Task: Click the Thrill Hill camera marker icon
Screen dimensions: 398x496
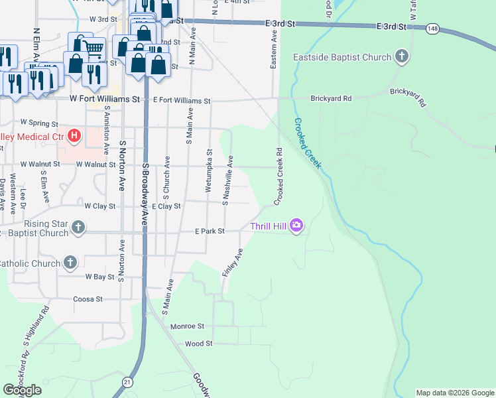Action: click(x=296, y=226)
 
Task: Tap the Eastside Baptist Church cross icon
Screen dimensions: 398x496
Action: click(x=401, y=57)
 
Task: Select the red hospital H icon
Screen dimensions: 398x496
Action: click(x=74, y=137)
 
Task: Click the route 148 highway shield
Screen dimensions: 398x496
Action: click(x=433, y=29)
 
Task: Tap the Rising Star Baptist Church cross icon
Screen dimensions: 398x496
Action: click(x=78, y=228)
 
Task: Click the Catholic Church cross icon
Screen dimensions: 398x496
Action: click(x=70, y=263)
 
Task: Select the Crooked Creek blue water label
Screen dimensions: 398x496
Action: click(x=308, y=143)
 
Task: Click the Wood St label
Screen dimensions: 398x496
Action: click(x=198, y=344)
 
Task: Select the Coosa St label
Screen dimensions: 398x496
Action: click(x=88, y=299)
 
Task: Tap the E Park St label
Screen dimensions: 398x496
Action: click(x=210, y=231)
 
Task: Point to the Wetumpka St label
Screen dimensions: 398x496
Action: click(x=208, y=170)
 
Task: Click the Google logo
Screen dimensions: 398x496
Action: click(x=23, y=390)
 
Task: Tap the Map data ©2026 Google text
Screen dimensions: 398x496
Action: click(x=455, y=393)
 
